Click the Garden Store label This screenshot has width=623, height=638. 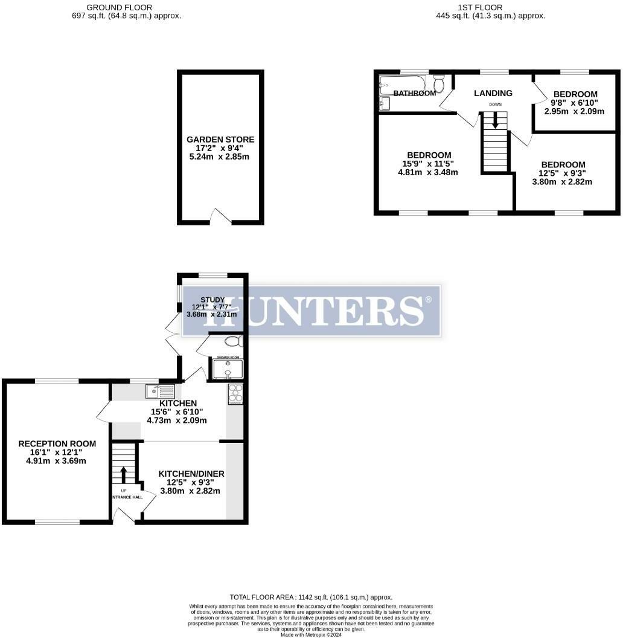220,140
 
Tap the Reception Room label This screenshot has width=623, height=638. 57,443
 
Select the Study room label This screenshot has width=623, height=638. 212,300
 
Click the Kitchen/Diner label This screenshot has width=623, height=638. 191,474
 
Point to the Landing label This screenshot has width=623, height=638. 493,93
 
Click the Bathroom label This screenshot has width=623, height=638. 415,93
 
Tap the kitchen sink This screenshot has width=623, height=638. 160,391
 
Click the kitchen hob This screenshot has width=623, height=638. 235,394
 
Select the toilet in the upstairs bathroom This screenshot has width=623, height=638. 439,83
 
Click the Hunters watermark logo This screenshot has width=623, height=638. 311,311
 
